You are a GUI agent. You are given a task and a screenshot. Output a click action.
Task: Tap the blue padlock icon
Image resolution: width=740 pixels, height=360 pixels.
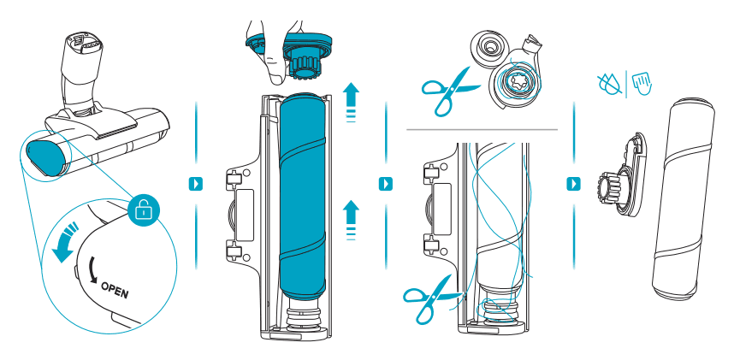(141, 209)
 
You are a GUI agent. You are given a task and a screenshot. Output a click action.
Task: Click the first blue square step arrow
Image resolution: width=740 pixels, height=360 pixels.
(196, 183)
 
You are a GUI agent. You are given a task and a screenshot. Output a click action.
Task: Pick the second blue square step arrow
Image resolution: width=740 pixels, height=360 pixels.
(385, 183)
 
